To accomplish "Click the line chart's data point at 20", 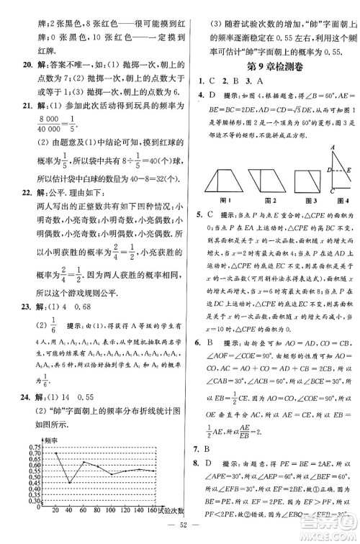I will coord(56,453).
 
